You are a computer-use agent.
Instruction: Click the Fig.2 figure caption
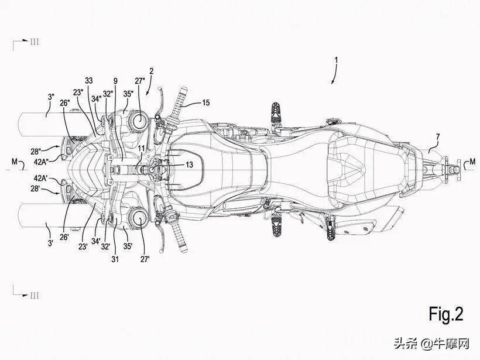pyautogui.click(x=445, y=314)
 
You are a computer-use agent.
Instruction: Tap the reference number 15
pyautogui.click(x=205, y=102)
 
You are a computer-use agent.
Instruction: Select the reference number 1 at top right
pyautogui.click(x=336, y=60)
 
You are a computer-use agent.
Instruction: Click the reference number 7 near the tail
pyautogui.click(x=438, y=138)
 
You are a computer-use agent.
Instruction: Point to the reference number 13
pyautogui.click(x=189, y=164)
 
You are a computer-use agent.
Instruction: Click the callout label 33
pyautogui.click(x=89, y=81)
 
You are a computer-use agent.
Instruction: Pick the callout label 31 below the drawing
pyautogui.click(x=115, y=259)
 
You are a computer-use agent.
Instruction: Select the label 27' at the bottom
pyautogui.click(x=145, y=259)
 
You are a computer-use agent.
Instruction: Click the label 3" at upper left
pyautogui.click(x=51, y=97)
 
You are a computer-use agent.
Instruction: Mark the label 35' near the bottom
pyautogui.click(x=128, y=246)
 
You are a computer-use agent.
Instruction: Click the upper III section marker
pyautogui.click(x=35, y=42)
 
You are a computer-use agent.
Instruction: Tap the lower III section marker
pyautogui.click(x=35, y=296)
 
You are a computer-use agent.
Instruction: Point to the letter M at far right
pyautogui.click(x=472, y=161)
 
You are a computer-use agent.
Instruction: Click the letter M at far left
pyautogui.click(x=15, y=162)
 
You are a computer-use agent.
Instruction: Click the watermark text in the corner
pyautogui.click(x=431, y=344)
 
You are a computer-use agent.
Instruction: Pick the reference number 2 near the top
pyautogui.click(x=151, y=71)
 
